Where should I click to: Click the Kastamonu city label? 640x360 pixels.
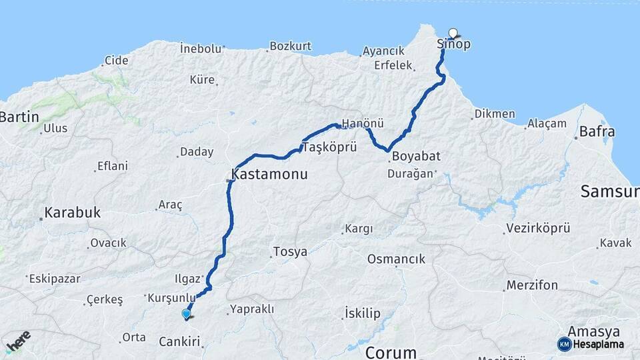(x=269, y=175)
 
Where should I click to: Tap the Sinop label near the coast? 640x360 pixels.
(x=453, y=45)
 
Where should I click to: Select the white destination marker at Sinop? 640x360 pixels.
(x=454, y=33)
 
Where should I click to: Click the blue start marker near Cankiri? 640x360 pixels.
(x=186, y=313)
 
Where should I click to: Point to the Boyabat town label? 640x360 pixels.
(x=416, y=156)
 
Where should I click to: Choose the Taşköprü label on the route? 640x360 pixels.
(x=330, y=147)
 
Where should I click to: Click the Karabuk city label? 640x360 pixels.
(x=73, y=213)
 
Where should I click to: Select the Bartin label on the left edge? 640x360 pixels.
(x=19, y=117)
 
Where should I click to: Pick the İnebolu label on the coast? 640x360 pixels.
(x=200, y=48)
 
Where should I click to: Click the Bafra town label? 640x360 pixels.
(x=597, y=131)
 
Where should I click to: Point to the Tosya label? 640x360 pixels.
(x=290, y=252)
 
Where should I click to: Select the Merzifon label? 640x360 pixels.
(x=532, y=285)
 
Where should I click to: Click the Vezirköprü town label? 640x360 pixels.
(x=538, y=228)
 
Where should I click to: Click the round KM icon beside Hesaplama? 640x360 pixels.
(x=564, y=344)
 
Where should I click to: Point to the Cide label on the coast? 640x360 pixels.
(x=116, y=61)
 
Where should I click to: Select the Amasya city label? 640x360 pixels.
(x=593, y=331)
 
